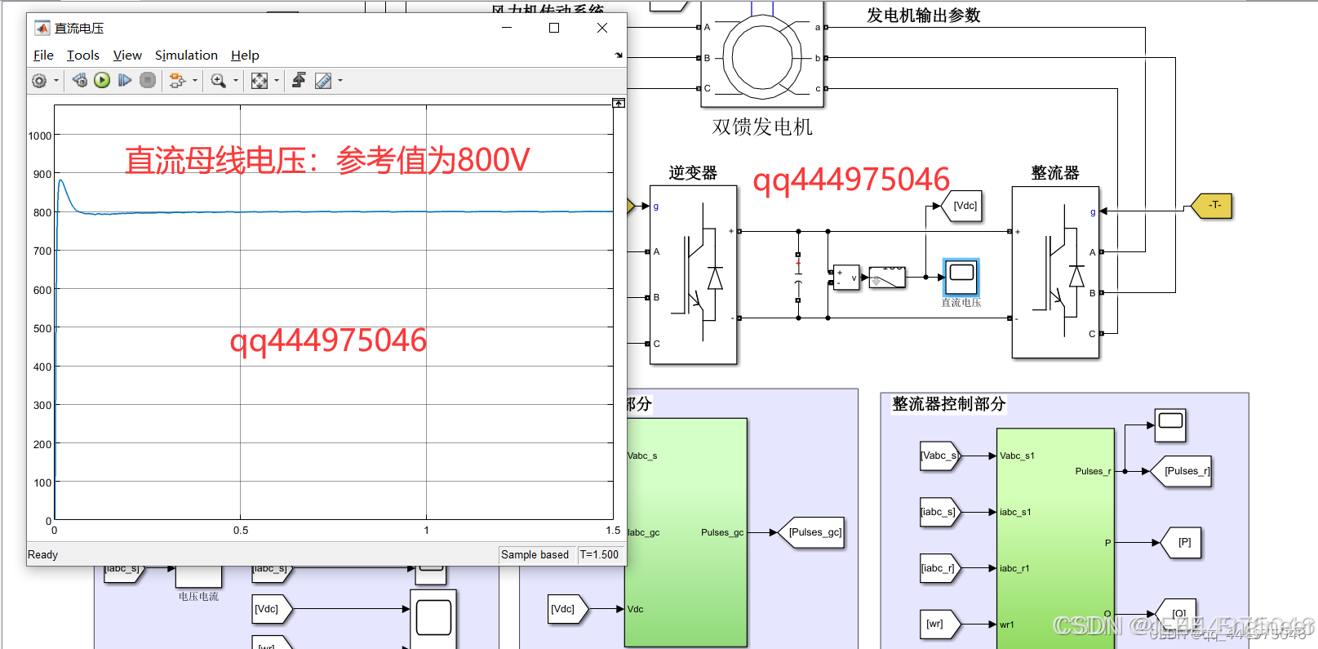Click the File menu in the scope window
coord(43,56)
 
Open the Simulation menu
coord(186,56)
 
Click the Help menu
coord(245,56)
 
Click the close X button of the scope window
coord(602,28)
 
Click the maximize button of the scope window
coord(554,28)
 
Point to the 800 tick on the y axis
coord(42,212)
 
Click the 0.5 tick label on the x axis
coord(241,531)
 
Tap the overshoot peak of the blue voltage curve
coord(60,180)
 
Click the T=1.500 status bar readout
coord(599,554)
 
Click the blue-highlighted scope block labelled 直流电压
coord(961,277)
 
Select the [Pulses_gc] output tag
coord(814,532)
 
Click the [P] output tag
coord(1184,542)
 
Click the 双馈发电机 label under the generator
coord(762,127)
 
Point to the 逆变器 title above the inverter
coord(693,173)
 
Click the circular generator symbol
coord(762,58)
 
